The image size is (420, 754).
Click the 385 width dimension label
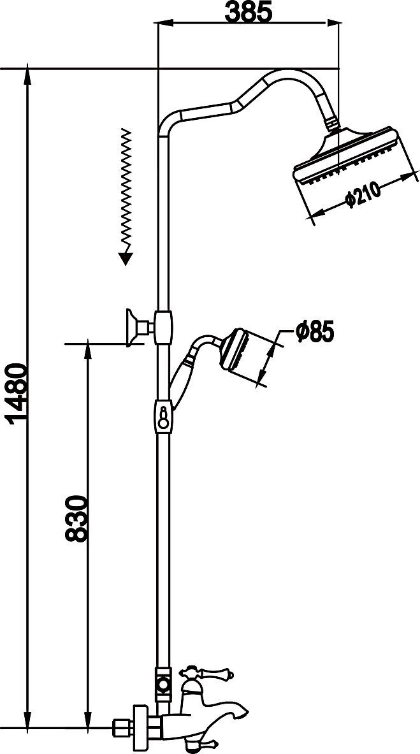tap(249, 12)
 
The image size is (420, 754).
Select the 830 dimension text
tap(76, 518)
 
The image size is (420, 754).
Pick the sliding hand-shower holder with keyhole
tap(164, 416)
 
